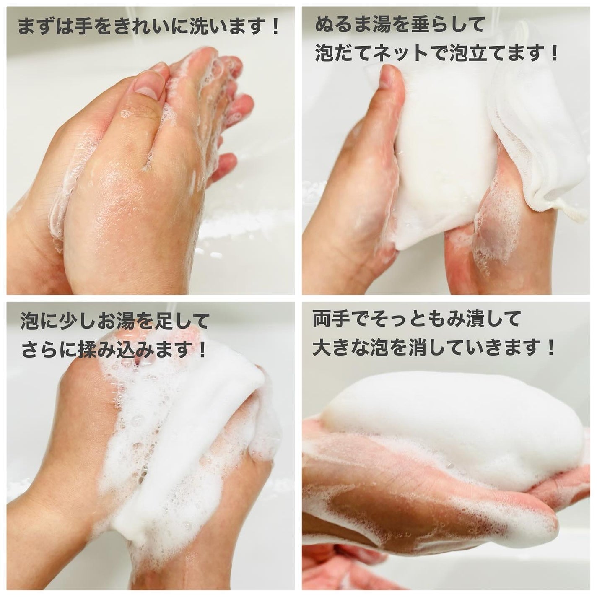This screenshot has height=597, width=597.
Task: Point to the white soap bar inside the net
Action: [444, 151]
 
